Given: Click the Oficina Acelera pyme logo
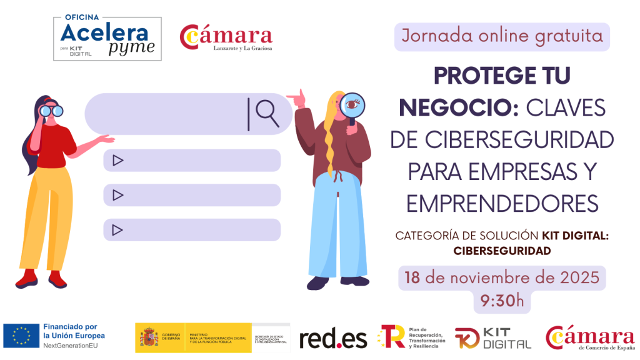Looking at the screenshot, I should pyautogui.click(x=107, y=39).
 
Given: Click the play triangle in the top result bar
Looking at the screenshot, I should pyautogui.click(x=117, y=161).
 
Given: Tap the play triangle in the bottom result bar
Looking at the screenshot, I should pyautogui.click(x=117, y=230).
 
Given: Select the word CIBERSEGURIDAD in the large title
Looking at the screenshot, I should pyautogui.click(x=502, y=139).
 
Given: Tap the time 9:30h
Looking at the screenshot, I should pyautogui.click(x=502, y=301).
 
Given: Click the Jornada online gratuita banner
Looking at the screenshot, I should pyautogui.click(x=502, y=36).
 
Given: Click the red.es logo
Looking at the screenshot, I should pyautogui.click(x=333, y=339).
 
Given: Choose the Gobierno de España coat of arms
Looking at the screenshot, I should pyautogui.click(x=149, y=337).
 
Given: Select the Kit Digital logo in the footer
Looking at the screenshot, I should pyautogui.click(x=492, y=338).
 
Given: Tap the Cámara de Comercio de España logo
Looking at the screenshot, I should pyautogui.click(x=590, y=338).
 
